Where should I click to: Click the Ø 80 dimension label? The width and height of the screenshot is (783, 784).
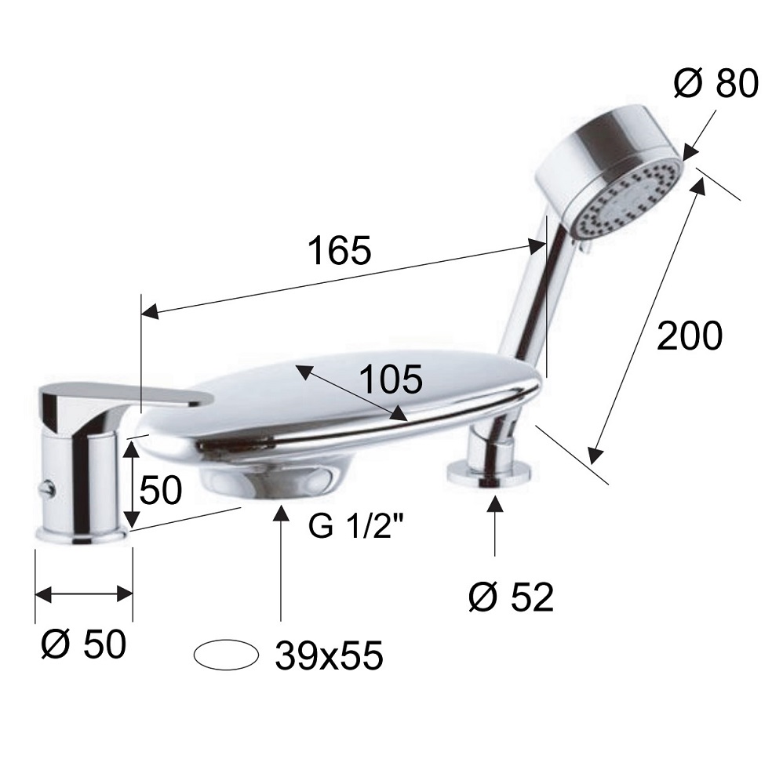tap(716, 83)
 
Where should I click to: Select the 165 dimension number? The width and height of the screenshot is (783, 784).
tap(340, 250)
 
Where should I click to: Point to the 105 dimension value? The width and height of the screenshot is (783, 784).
tap(391, 379)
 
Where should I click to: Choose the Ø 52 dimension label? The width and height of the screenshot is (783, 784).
tap(512, 597)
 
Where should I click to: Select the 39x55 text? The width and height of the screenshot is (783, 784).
tap(329, 655)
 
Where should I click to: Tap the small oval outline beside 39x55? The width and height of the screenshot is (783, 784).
tap(226, 655)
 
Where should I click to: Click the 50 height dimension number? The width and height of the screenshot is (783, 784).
tap(160, 490)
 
